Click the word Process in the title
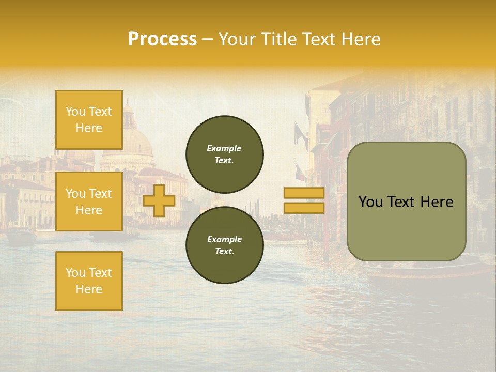tap(162, 39)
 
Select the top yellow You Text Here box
tap(89, 120)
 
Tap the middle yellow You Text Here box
tap(89, 202)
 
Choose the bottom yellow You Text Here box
tap(89, 281)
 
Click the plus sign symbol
tap(159, 201)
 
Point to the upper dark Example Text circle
tap(225, 154)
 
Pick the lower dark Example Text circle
tap(225, 245)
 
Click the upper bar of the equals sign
tap(304, 193)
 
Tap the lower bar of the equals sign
tap(304, 208)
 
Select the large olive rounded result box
tap(406, 202)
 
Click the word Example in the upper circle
tap(224, 148)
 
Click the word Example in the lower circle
tap(224, 239)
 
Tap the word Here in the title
tap(360, 39)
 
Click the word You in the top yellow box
tap(75, 112)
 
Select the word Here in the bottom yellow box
tap(89, 289)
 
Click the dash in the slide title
tap(207, 39)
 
